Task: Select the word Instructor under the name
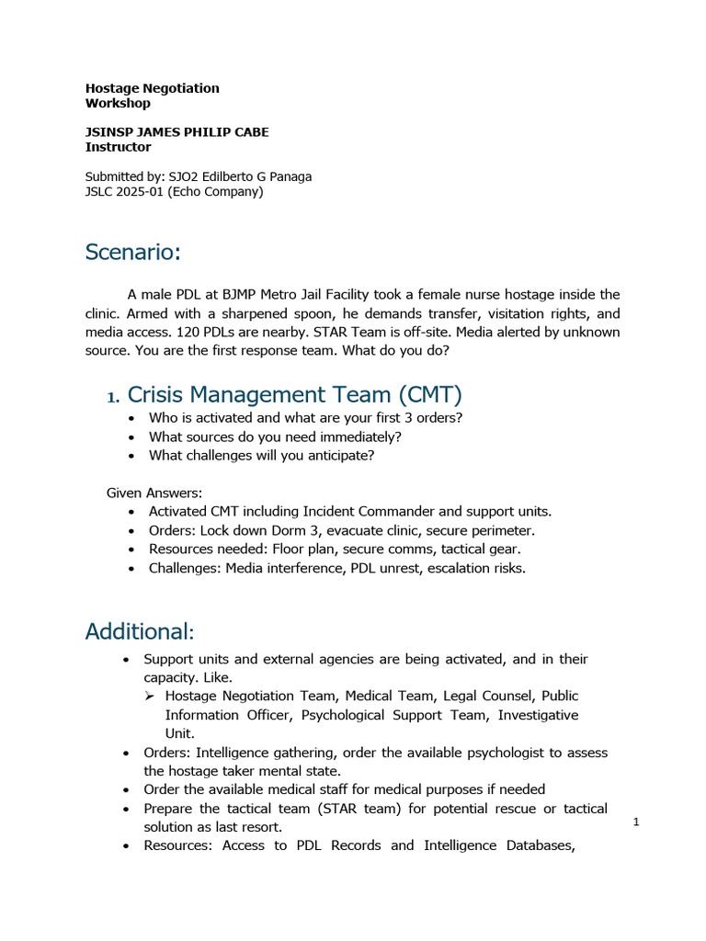(x=118, y=147)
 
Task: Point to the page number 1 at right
(x=635, y=822)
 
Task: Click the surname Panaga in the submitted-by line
(x=288, y=176)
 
